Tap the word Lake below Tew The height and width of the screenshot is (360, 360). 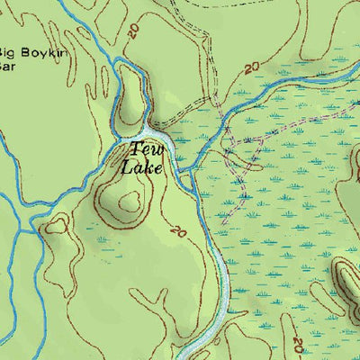[x=144, y=166]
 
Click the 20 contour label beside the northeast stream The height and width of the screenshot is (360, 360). [x=252, y=67]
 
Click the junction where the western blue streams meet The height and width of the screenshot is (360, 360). [x=38, y=229]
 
